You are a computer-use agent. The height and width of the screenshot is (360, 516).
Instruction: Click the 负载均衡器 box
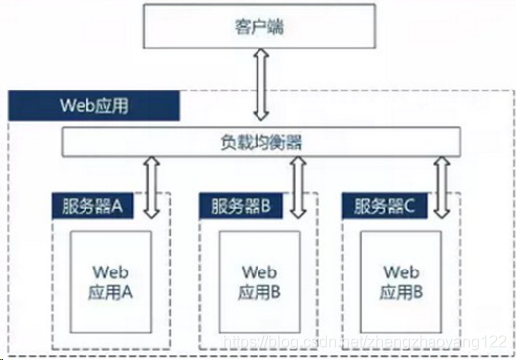coord(260,143)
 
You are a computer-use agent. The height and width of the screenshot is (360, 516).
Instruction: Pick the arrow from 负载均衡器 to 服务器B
coord(297,187)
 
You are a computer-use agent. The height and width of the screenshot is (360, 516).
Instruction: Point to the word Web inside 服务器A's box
coord(111,270)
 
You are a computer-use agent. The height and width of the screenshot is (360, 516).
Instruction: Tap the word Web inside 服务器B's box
coord(257,270)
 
